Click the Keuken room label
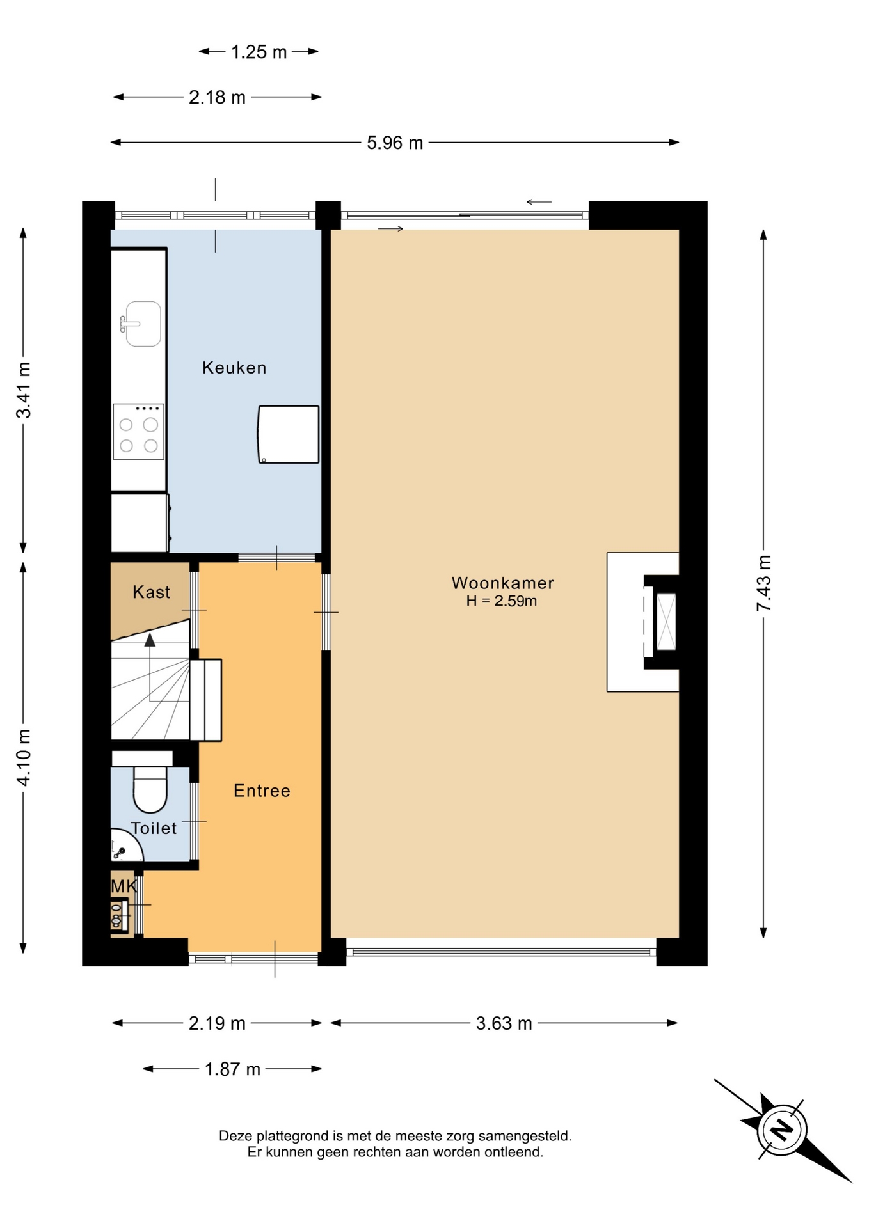click(234, 368)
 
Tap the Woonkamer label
click(503, 583)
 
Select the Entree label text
click(262, 791)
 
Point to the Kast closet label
click(152, 592)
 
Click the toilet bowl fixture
click(150, 790)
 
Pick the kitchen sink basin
click(143, 324)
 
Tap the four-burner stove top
click(139, 432)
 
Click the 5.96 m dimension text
click(395, 143)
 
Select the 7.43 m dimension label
click(764, 583)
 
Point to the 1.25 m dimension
click(259, 52)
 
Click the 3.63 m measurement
click(504, 1023)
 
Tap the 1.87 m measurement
click(232, 1069)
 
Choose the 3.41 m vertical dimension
click(24, 390)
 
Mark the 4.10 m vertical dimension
click(24, 758)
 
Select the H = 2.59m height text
click(502, 601)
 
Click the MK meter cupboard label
click(124, 886)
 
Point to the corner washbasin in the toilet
click(125, 845)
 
